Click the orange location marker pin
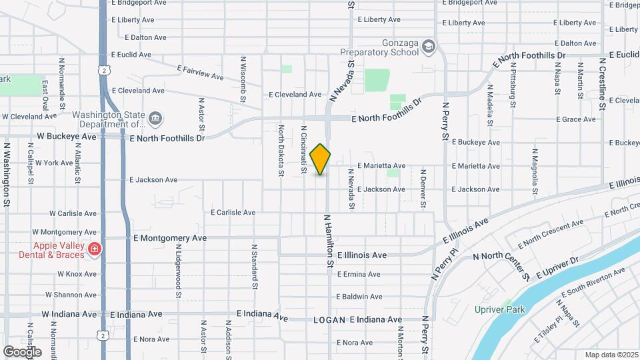coord(321,159)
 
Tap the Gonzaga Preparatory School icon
coord(427,46)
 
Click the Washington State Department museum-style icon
coord(155,119)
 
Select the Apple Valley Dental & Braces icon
coord(95,249)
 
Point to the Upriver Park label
coord(500,309)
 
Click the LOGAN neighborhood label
coord(329,320)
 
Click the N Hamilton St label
coord(329,241)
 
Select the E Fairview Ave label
coord(200,72)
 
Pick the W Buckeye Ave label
coord(66,137)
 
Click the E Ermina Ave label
coord(359,274)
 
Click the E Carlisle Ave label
coord(233,213)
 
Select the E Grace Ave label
coord(576,119)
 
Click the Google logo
coord(22,351)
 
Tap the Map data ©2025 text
coord(611,355)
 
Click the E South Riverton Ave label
coord(593,282)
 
